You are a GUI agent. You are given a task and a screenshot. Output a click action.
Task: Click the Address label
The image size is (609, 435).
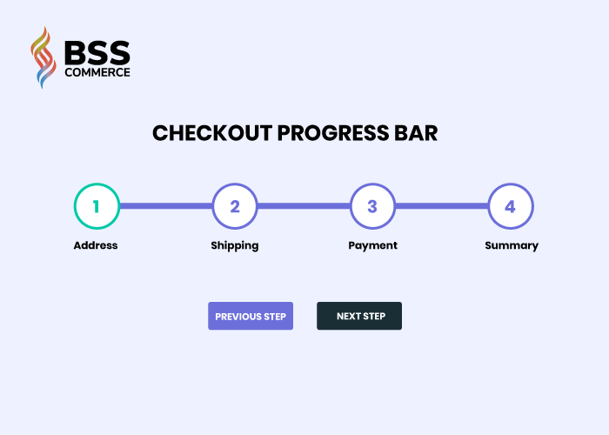point(96,245)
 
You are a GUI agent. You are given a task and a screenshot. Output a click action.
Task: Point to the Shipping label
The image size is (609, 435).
point(235,246)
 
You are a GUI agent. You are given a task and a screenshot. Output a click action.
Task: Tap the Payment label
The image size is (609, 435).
point(373,246)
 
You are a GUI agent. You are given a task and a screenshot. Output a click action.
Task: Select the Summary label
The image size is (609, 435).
point(512,246)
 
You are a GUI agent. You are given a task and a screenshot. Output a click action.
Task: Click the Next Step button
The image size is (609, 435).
point(359,316)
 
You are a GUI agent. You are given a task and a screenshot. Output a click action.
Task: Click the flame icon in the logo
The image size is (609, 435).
point(43,57)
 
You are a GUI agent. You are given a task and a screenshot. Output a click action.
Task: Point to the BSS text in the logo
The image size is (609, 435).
point(97,52)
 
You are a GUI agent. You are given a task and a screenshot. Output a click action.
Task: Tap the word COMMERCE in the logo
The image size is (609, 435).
point(97,72)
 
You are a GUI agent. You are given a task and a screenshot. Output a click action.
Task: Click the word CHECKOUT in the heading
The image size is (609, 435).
point(212,133)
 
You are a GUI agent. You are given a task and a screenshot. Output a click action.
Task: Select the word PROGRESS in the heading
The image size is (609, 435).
point(333,133)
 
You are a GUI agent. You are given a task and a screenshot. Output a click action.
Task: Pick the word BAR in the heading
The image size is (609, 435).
point(416,133)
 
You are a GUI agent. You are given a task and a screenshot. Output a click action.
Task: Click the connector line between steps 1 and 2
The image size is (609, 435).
point(166,206)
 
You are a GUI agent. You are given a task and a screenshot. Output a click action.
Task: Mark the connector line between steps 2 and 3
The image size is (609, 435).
point(304,206)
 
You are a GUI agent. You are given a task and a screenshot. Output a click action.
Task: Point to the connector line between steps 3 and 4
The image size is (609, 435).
point(442,206)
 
